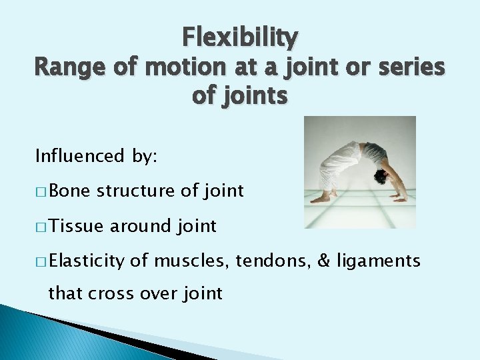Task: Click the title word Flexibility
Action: [240, 37]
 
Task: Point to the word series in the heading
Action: [406, 67]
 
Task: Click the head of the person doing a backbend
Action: [382, 177]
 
